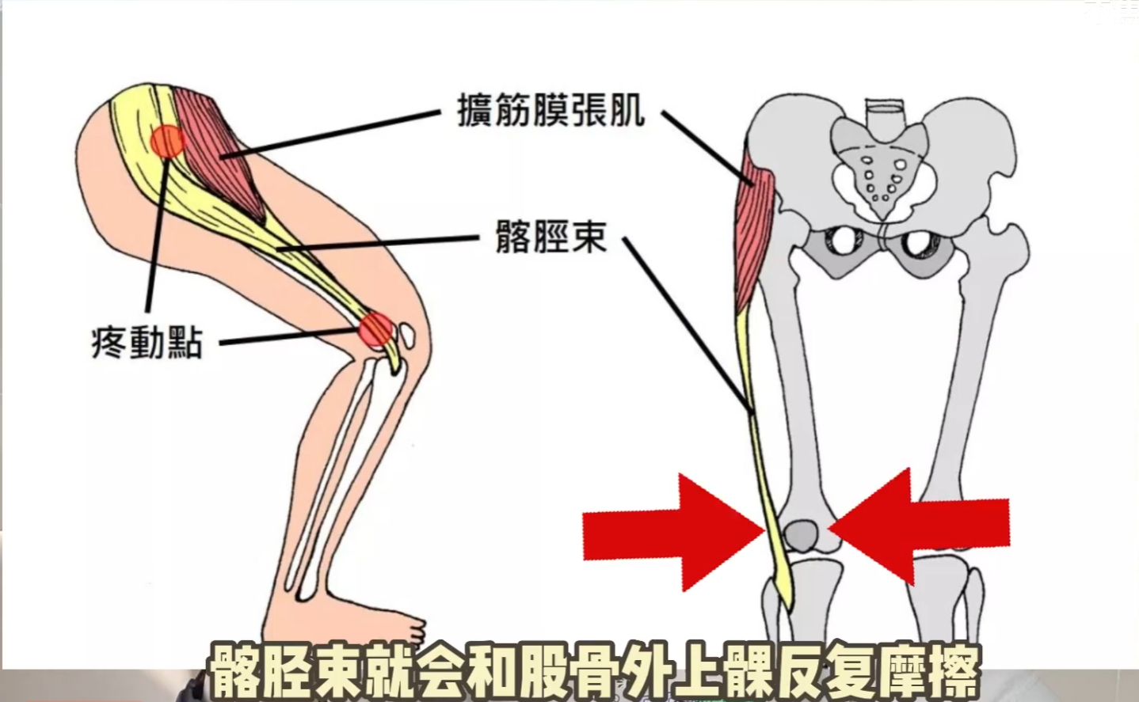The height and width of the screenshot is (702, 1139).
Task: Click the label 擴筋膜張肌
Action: [x=550, y=111]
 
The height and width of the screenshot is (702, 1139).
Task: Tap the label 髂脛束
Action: [x=550, y=236]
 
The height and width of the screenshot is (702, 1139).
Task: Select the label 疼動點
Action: [x=147, y=344]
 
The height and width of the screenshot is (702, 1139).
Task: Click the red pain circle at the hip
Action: [x=167, y=141]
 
